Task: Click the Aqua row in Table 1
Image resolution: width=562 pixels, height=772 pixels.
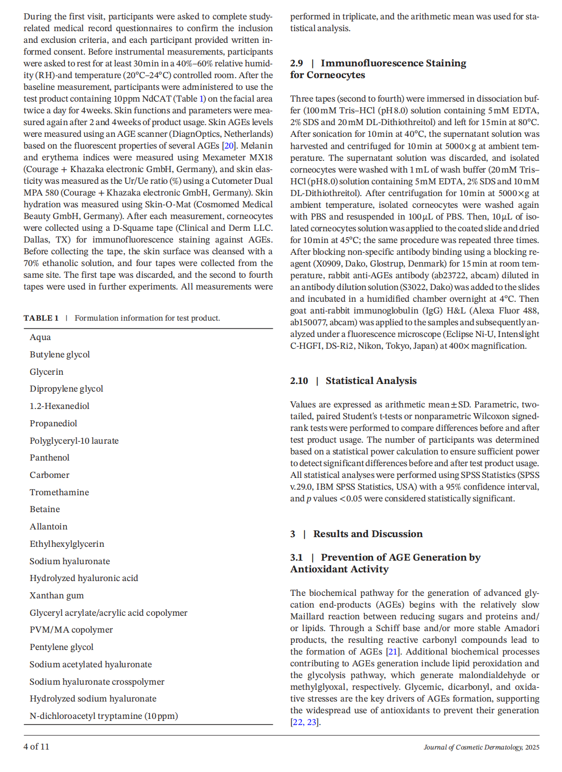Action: (x=40, y=337)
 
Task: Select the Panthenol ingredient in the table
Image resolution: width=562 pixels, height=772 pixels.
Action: (x=50, y=458)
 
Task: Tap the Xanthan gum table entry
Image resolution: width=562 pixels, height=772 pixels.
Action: (x=57, y=596)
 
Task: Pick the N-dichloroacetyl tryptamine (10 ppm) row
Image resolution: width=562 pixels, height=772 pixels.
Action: (x=104, y=716)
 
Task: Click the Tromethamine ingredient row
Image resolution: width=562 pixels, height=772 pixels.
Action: (x=59, y=493)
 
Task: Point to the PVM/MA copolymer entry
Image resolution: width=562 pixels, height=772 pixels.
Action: (x=71, y=630)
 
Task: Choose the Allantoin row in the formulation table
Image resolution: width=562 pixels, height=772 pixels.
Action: (x=49, y=527)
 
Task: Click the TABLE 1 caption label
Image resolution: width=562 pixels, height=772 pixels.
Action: (x=41, y=318)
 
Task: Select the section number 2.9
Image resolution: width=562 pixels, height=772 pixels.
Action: (x=296, y=63)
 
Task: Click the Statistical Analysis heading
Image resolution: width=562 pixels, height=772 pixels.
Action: (x=371, y=381)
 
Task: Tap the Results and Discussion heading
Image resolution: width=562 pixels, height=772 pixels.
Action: (x=368, y=534)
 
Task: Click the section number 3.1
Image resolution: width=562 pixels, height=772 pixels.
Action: (x=296, y=558)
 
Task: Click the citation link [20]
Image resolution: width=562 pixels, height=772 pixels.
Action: (x=229, y=146)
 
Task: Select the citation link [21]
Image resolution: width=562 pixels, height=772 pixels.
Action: (x=392, y=652)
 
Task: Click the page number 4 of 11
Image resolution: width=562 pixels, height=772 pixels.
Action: (x=36, y=746)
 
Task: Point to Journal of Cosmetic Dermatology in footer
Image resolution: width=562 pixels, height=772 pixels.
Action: (x=473, y=747)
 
